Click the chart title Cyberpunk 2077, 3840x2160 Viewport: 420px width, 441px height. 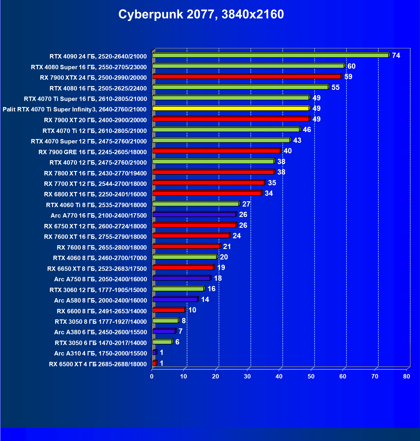[x=201, y=14]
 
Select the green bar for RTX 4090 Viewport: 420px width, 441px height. [x=270, y=55]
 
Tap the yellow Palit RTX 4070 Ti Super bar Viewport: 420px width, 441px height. [x=230, y=108]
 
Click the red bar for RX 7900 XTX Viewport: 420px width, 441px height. [x=246, y=77]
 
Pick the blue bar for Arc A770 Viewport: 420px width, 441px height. [x=194, y=215]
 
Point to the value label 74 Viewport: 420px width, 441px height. [x=396, y=55]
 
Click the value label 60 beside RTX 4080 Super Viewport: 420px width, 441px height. [x=351, y=66]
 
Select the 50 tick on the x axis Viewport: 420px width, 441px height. [x=311, y=376]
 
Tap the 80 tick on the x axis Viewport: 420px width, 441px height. [x=407, y=376]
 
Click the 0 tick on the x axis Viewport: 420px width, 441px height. [x=152, y=376]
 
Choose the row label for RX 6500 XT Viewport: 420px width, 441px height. [x=98, y=364]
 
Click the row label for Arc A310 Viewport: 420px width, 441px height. [x=100, y=353]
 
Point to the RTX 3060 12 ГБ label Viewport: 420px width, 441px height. [x=98, y=290]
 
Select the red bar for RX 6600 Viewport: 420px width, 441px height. [x=168, y=310]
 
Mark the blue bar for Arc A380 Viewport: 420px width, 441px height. [x=164, y=331]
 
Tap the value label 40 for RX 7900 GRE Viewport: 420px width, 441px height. [x=287, y=151]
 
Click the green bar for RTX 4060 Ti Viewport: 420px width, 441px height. [x=195, y=204]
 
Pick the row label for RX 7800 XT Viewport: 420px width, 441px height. [x=95, y=173]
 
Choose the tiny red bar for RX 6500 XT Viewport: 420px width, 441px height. [x=154, y=363]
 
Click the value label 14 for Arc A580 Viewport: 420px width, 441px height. [x=205, y=299]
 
